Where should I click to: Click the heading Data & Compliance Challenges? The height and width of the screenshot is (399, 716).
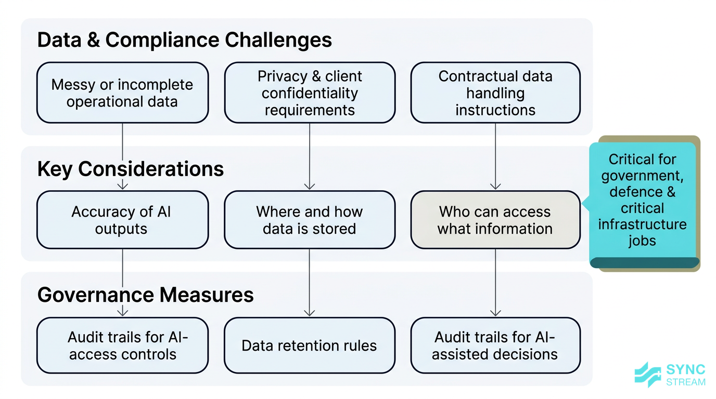coord(185,40)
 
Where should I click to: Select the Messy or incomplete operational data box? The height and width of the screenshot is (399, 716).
coord(122,93)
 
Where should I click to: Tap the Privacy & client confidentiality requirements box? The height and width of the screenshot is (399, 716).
coord(310,93)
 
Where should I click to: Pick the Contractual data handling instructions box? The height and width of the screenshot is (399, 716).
coord(495,93)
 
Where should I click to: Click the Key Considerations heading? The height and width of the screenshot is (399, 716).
coord(131,169)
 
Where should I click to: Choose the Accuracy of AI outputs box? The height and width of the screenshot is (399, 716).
coord(122,220)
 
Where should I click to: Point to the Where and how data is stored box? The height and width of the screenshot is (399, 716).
coord(310,220)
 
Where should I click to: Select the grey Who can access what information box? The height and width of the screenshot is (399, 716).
coord(495,220)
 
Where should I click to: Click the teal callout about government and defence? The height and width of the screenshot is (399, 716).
coord(642,200)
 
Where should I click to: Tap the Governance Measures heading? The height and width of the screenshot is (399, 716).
coord(146,295)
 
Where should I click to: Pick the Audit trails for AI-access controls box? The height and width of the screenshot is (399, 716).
coord(122,345)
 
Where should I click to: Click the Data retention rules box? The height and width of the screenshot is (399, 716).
coord(310,345)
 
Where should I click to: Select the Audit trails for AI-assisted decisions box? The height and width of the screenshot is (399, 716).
coord(495,345)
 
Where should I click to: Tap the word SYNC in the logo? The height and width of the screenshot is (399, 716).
coord(686,370)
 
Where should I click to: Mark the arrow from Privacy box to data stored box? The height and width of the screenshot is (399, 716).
coord(310,156)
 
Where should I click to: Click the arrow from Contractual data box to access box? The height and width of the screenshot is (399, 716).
coord(495,156)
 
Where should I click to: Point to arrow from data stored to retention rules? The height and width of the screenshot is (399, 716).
coord(310,283)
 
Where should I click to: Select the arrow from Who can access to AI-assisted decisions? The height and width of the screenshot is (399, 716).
coord(495,283)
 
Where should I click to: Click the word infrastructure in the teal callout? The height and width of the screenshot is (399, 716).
coord(642,224)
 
